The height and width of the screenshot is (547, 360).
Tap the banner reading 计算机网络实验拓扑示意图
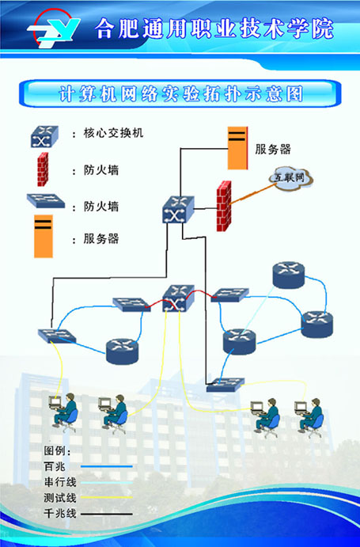pyautogui.click(x=181, y=93)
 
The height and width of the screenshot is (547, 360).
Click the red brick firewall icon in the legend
pyautogui.click(x=43, y=169)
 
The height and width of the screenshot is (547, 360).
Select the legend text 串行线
pyautogui.click(x=60, y=482)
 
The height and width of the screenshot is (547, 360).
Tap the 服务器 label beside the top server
pyautogui.click(x=273, y=149)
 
